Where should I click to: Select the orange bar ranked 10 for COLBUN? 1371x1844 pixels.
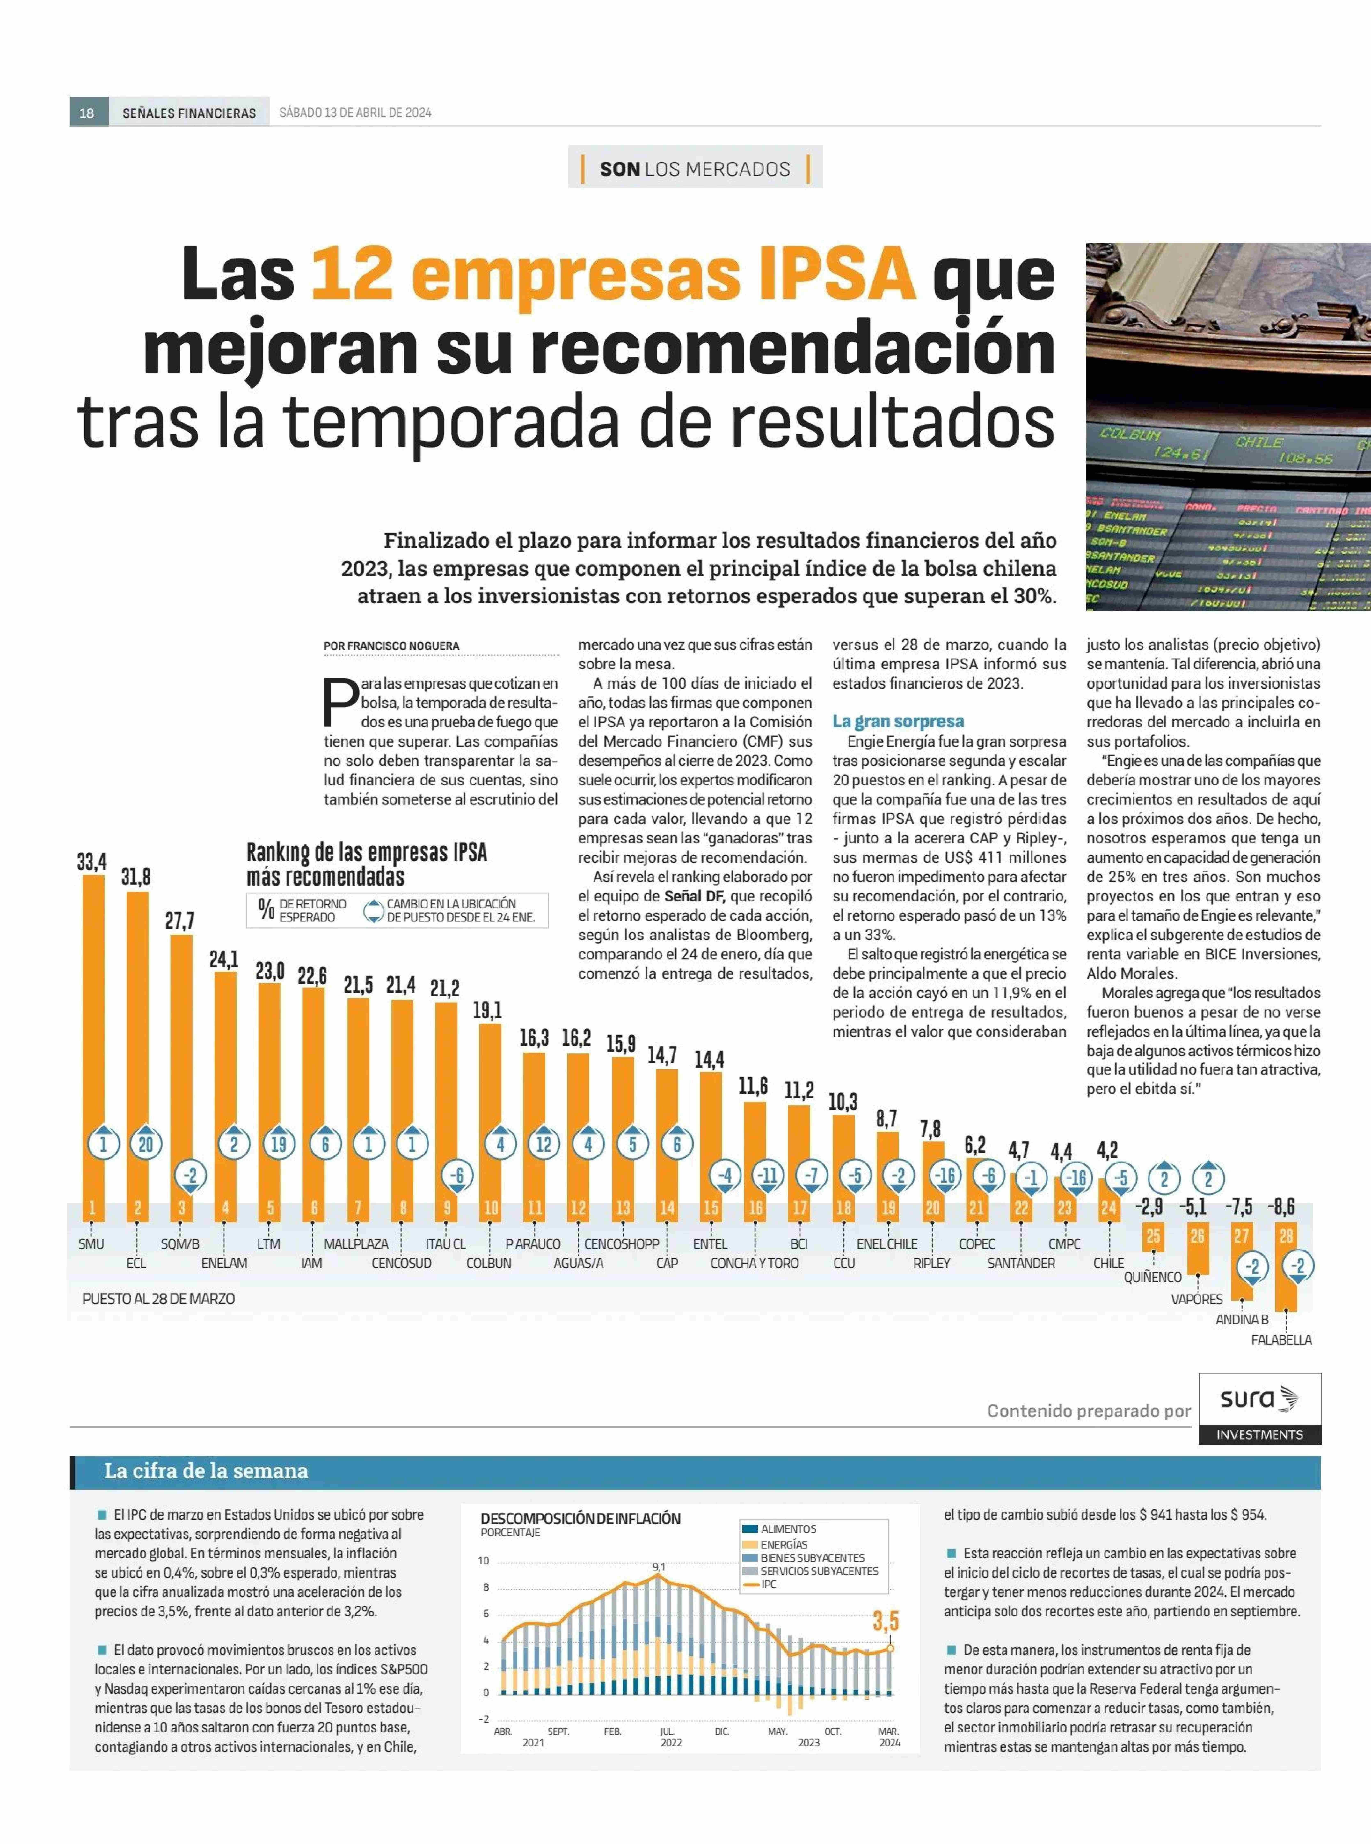490,1120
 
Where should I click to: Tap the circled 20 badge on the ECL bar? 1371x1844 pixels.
146,1144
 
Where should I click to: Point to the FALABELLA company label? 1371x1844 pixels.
1281,1339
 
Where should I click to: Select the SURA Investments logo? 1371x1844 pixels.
1259,1408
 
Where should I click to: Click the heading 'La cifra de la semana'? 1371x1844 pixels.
206,1471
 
